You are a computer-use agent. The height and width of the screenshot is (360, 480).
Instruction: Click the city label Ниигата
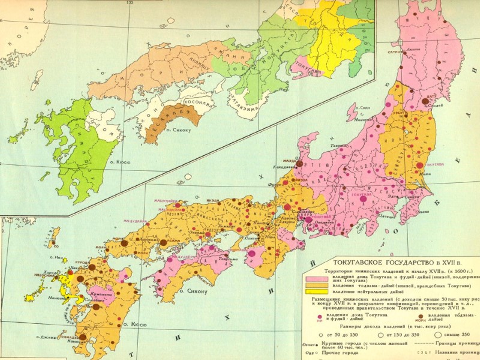(x=362, y=120)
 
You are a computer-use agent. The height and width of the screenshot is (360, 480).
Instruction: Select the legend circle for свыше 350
(x=438, y=334)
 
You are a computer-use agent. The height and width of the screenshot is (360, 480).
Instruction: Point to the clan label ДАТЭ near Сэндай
(x=430, y=96)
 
